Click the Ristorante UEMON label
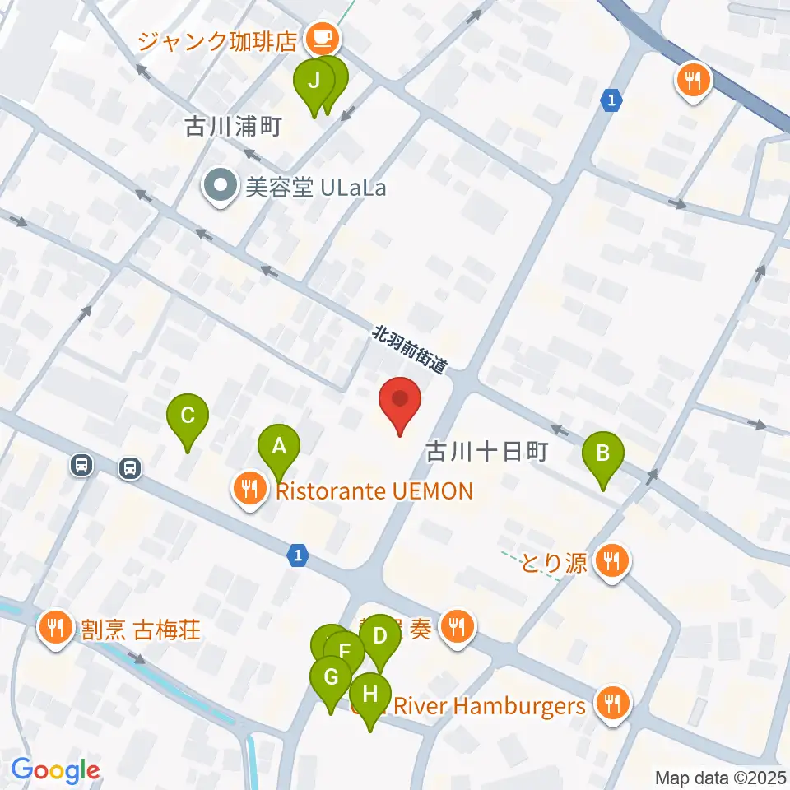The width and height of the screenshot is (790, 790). [x=374, y=491]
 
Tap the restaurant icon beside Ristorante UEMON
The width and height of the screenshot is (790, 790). [x=249, y=489]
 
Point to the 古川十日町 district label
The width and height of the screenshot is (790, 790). [x=486, y=451]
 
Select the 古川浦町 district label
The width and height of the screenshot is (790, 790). [x=235, y=127]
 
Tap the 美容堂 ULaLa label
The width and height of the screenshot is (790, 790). [x=316, y=188]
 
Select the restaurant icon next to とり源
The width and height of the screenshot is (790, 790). [x=612, y=563]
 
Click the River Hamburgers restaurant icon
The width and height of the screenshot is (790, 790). [x=613, y=704]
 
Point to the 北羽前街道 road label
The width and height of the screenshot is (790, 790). [x=409, y=351]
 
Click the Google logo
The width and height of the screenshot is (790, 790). [x=55, y=770]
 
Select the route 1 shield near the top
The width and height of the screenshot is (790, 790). [x=611, y=100]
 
